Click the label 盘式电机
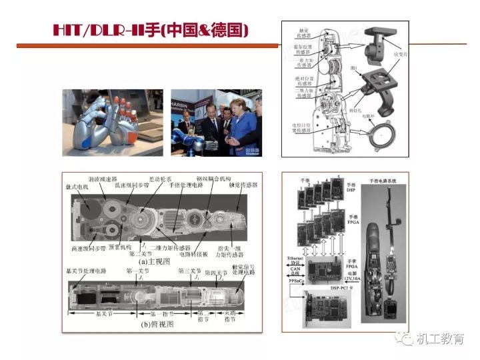79,185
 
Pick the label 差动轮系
160,179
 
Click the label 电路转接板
197,254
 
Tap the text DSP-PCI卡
344,287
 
